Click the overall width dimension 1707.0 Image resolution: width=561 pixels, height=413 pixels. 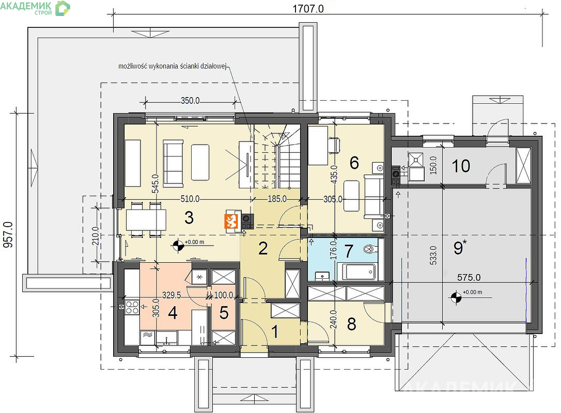coord(308,8)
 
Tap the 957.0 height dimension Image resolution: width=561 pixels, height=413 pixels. coord(8,234)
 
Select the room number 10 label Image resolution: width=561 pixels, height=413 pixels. coord(461,166)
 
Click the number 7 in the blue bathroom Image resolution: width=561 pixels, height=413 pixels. coord(349,251)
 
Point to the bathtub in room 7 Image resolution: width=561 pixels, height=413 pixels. coord(359,272)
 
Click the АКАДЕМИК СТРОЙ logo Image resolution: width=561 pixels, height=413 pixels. coord(35,8)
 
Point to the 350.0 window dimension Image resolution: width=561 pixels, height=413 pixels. coord(190,101)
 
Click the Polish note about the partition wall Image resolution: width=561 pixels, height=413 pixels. coord(173,66)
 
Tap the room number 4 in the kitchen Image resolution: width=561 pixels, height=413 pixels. coord(173,313)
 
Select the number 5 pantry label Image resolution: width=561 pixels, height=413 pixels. coord(224,313)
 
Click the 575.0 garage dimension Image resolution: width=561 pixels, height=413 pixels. coord(469,277)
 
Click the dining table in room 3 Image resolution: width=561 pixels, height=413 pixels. coord(146,219)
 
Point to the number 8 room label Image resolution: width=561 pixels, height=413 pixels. coord(352,324)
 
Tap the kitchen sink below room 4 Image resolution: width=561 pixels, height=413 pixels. coord(167,338)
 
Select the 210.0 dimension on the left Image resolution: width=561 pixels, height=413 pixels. coord(96,236)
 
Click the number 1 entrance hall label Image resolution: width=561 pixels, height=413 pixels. coord(275,332)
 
